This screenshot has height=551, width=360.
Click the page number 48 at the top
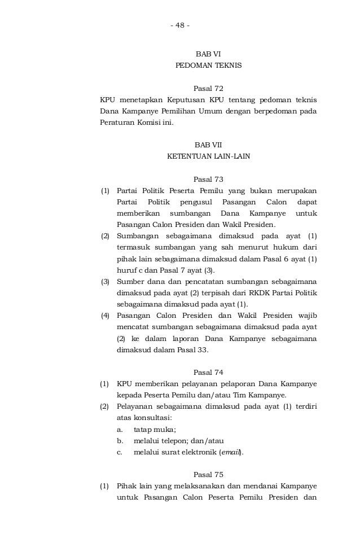coord(180,27)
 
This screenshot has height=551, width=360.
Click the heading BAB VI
coord(208,54)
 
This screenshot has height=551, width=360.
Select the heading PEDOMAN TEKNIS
coord(208,65)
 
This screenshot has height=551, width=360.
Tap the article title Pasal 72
coord(208,89)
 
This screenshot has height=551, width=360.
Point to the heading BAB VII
coord(208,145)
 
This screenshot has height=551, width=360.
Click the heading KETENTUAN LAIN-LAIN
coord(208,156)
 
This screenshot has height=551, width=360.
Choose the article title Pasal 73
coord(208,180)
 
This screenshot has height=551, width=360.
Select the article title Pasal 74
coord(208,372)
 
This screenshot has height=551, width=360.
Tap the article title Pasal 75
coord(208,474)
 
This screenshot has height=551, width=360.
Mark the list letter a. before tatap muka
coord(120,429)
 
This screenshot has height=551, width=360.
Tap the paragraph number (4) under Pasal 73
coord(105,315)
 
